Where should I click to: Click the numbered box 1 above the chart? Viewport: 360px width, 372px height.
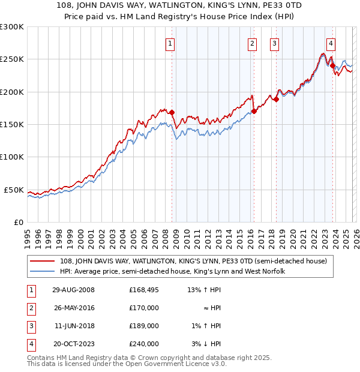[170, 43]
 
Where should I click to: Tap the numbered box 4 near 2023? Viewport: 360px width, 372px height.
[331, 43]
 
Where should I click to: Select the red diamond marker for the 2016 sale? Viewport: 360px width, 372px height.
[254, 111]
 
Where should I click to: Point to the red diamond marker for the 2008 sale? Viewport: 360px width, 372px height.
[172, 112]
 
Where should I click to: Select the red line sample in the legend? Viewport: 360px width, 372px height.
[43, 261]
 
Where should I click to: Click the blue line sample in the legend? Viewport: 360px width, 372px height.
[43, 271]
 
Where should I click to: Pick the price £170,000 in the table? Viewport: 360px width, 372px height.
[144, 308]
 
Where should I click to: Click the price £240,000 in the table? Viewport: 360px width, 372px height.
[144, 344]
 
